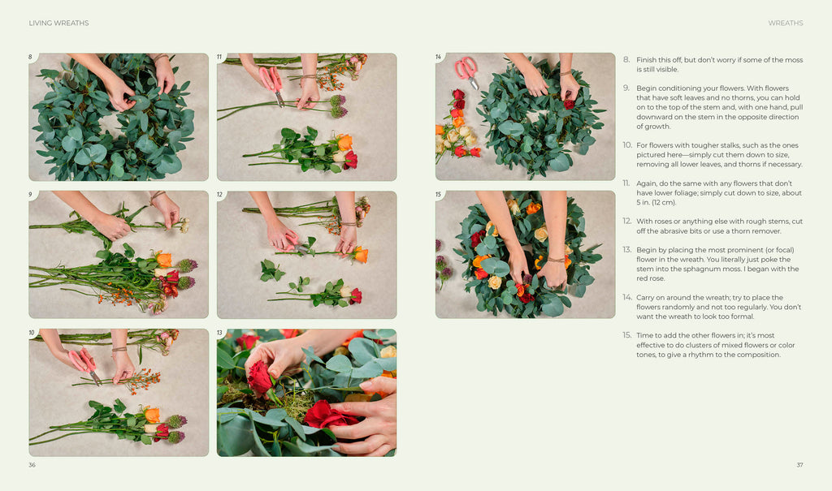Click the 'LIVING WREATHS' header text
58,24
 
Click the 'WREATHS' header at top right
786,24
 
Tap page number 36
32,465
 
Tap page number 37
799,465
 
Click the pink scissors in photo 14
467,71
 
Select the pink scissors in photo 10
84,364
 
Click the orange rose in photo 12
361,255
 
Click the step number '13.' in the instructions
626,250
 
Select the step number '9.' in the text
626,88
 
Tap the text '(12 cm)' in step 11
656,203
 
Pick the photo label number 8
30,57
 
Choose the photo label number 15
438,195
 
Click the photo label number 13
219,333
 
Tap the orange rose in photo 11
344,142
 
